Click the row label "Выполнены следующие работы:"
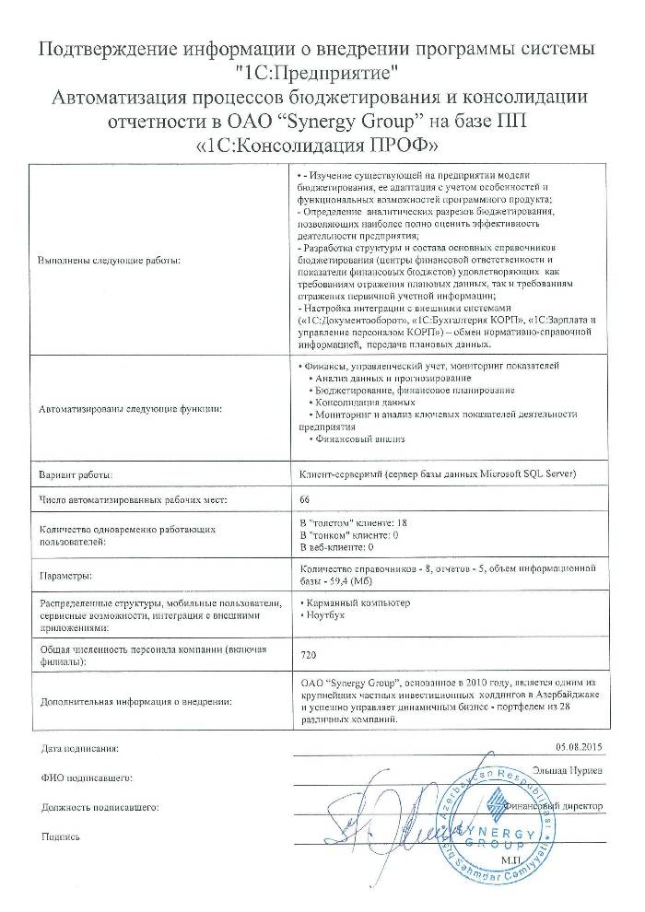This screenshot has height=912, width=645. click(x=110, y=261)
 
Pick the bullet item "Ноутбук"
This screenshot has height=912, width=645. click(x=323, y=614)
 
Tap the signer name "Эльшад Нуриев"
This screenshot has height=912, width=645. click(x=568, y=768)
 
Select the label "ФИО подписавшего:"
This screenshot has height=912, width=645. click(x=82, y=778)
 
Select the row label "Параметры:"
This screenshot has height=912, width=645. click(x=64, y=574)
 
